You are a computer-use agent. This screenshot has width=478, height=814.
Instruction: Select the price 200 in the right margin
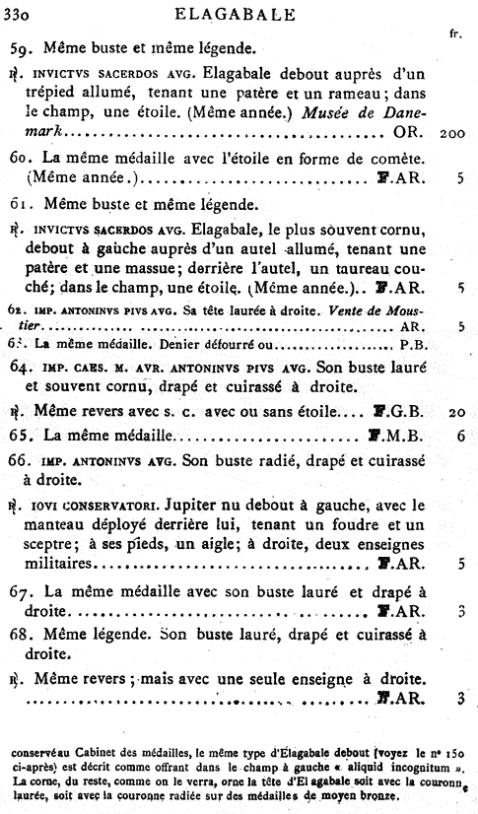(453, 133)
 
